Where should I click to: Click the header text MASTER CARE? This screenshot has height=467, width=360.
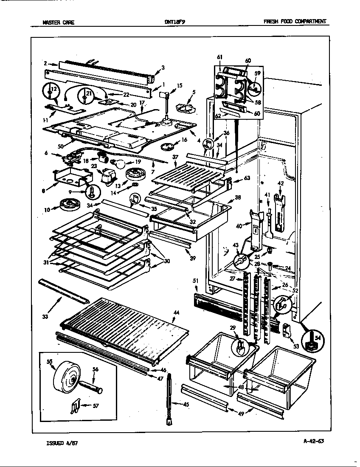pos(59,23)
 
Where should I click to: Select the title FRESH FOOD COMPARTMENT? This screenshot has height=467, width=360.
pos(295,22)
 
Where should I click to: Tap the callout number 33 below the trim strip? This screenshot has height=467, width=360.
pos(45,316)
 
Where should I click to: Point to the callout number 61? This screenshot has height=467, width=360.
pos(219,57)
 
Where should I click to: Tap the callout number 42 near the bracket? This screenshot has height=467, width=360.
pos(280,184)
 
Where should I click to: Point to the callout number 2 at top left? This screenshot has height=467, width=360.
pos(45,63)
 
